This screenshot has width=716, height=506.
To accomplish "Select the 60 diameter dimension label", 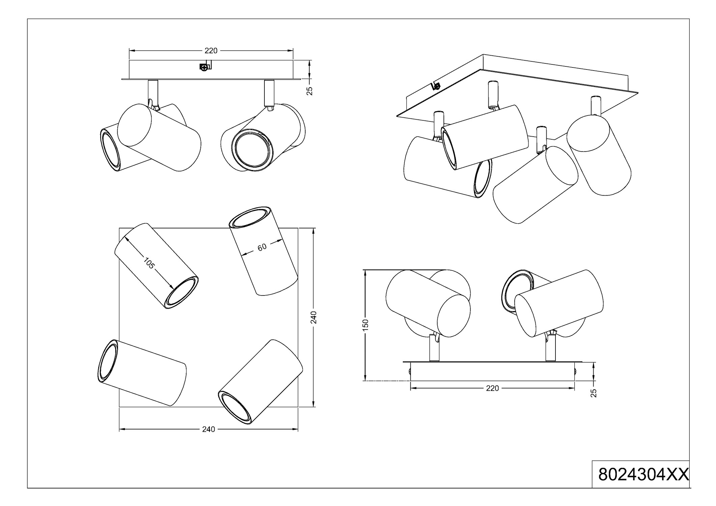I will click(262, 247).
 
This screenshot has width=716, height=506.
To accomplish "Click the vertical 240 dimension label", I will click(313, 317).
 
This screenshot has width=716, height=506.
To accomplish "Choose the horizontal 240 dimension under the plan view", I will click(208, 429).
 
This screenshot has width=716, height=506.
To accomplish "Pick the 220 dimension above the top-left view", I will click(211, 51).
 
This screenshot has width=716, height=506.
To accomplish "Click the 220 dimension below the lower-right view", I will click(492, 388).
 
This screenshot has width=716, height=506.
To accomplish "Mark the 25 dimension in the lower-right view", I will click(594, 393).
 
